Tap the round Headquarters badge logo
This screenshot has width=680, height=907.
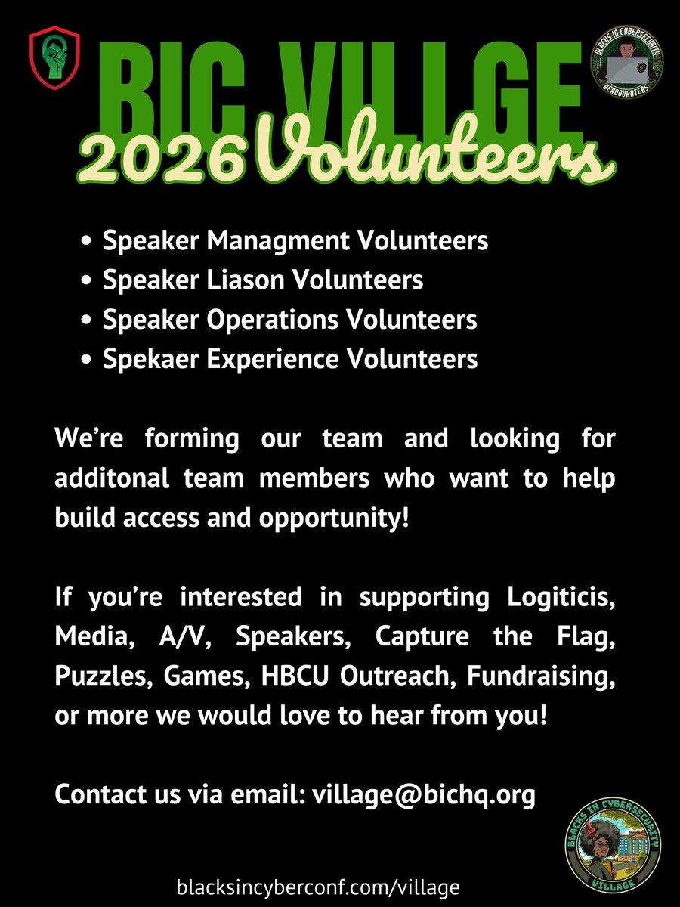627,64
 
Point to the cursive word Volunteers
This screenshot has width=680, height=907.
431,155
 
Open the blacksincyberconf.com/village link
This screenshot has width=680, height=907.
317,887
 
